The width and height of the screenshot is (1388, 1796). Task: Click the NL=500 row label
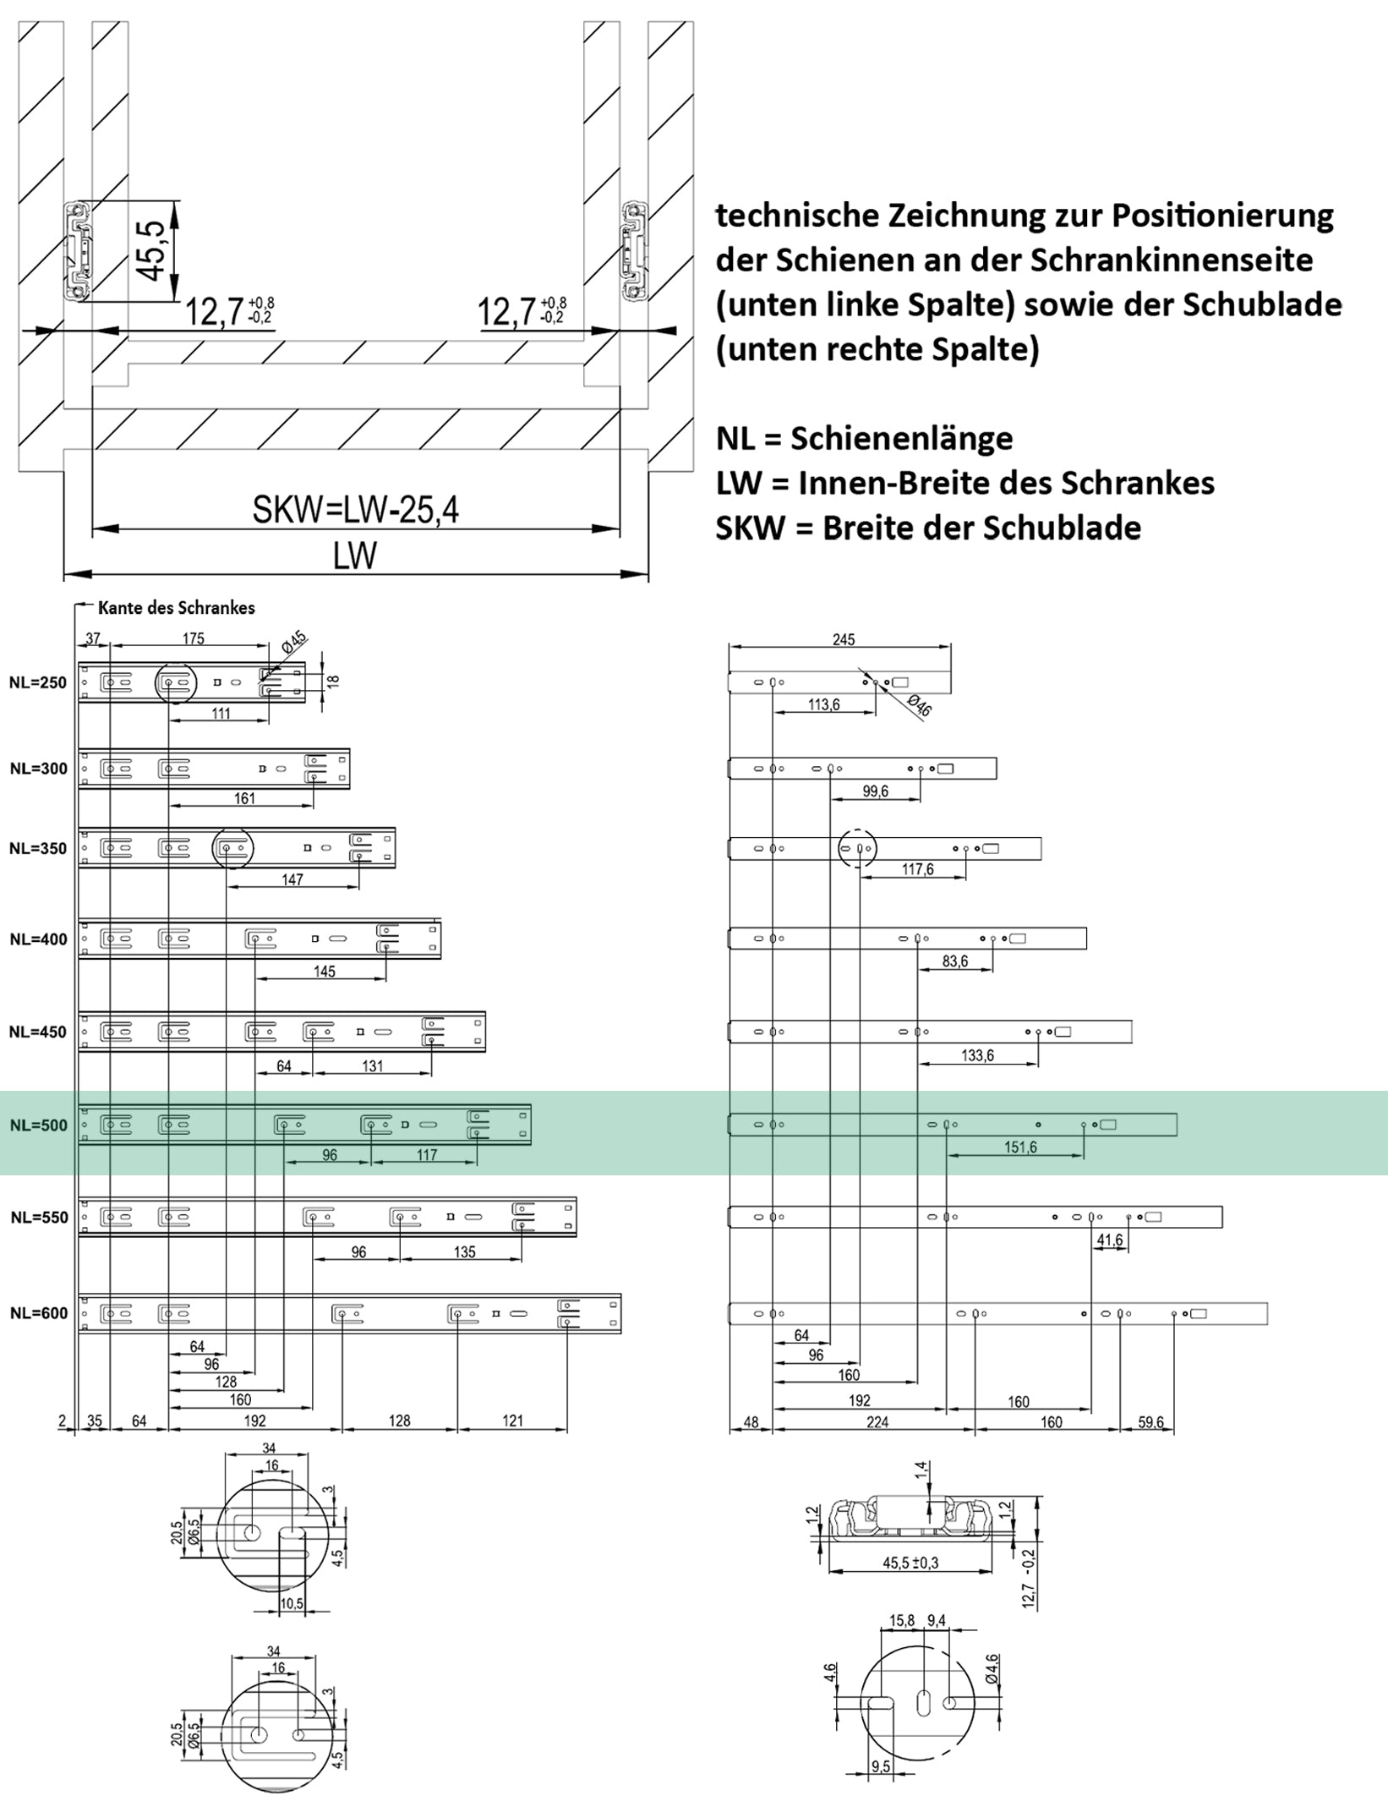(x=38, y=1125)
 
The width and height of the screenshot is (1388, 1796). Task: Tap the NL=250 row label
(x=38, y=682)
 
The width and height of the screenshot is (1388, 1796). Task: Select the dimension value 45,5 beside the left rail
(x=152, y=250)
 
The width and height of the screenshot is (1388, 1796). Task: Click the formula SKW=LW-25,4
(x=355, y=510)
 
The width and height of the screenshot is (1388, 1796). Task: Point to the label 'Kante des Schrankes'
(x=176, y=608)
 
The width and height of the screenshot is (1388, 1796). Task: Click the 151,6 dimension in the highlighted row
(x=1020, y=1147)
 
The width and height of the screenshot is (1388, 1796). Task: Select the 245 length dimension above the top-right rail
(x=843, y=639)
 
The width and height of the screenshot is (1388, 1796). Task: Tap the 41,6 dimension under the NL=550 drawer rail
(x=1109, y=1240)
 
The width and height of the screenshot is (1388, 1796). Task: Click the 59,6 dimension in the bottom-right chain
(x=1150, y=1422)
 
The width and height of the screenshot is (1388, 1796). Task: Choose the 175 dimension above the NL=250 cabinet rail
(x=193, y=638)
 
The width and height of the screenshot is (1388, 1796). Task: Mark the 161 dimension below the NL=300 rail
(x=243, y=798)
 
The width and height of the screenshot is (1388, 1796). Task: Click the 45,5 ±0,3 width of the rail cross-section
(x=910, y=1563)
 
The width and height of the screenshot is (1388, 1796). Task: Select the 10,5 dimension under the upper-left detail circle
(x=292, y=1603)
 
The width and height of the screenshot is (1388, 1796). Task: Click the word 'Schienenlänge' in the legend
(x=901, y=438)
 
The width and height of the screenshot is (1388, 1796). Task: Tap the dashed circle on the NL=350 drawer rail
(x=857, y=848)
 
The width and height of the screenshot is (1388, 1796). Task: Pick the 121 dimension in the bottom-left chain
(x=512, y=1421)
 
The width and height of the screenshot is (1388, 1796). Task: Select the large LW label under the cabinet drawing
(x=355, y=556)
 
